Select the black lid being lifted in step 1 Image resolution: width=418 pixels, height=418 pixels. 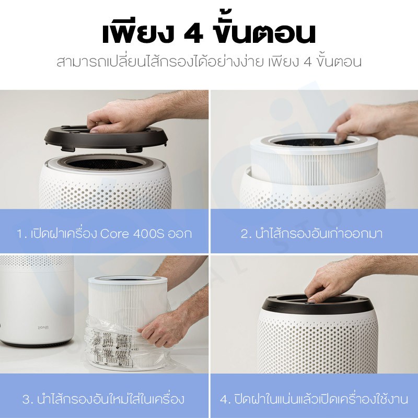click(x=107, y=138)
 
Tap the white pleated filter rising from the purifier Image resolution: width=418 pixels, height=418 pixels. click(x=315, y=162)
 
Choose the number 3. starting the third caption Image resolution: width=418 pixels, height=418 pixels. click(x=28, y=400)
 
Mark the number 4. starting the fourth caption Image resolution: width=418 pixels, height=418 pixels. click(x=226, y=400)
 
